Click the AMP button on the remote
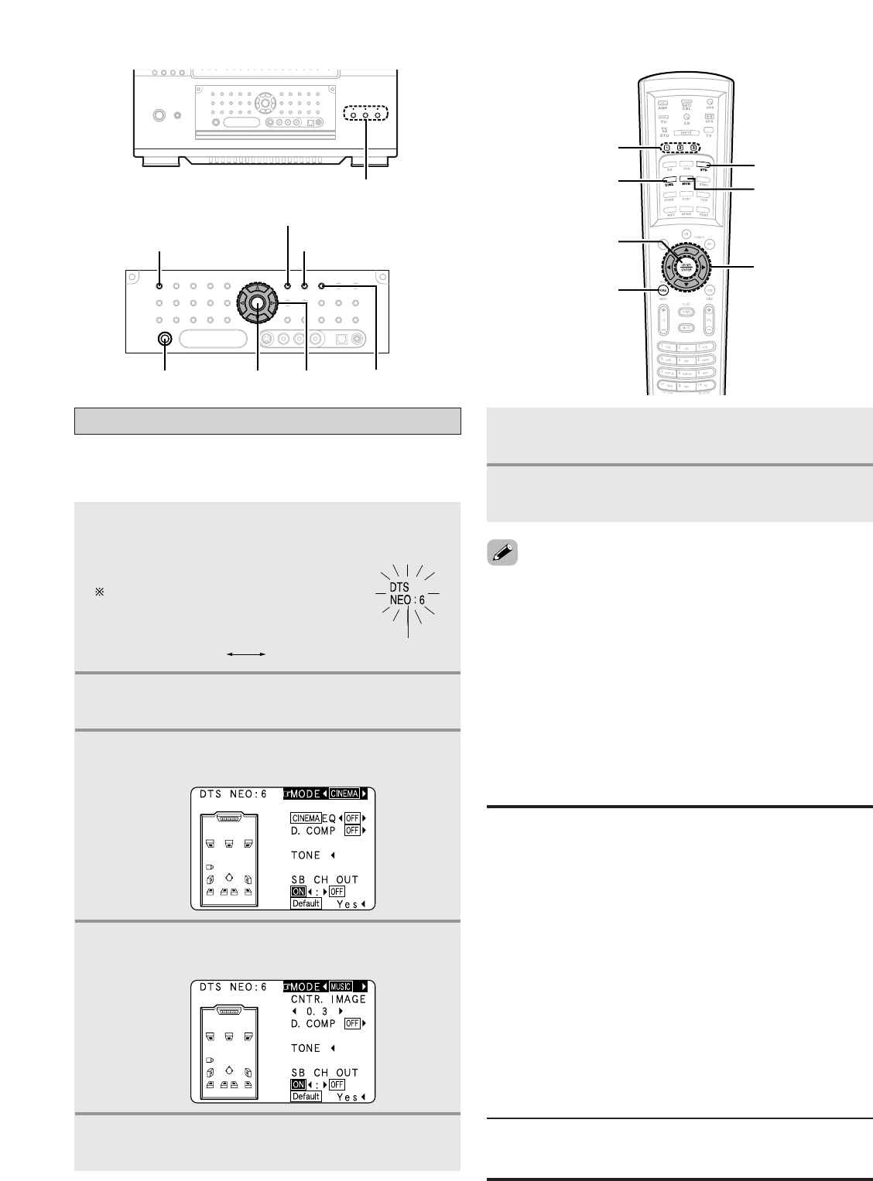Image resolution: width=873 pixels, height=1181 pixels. [662, 104]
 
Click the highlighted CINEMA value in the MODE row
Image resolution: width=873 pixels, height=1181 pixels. [345, 794]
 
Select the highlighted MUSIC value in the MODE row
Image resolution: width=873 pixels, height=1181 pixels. [341, 986]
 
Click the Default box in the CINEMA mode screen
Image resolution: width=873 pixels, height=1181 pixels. [306, 903]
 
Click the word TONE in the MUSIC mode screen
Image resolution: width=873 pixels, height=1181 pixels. [306, 1048]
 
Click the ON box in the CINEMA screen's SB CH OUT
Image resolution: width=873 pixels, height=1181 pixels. [299, 891]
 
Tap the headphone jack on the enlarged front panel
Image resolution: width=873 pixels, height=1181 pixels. [164, 339]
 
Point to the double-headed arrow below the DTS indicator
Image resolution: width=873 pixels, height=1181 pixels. [245, 654]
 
